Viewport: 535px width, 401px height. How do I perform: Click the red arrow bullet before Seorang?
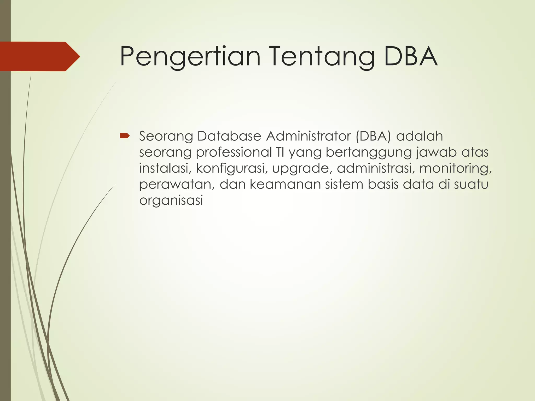click(x=125, y=136)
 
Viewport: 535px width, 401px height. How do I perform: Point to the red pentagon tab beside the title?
click(x=39, y=56)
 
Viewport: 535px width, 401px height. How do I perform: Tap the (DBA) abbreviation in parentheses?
click(x=373, y=136)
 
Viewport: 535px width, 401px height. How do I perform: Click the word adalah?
click(x=420, y=136)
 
